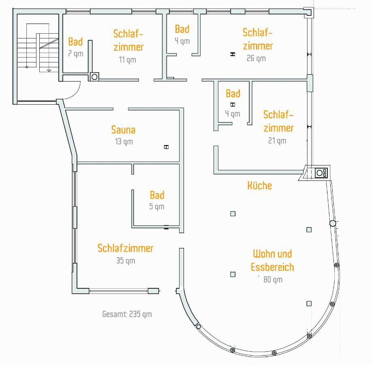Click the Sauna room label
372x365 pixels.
(x=123, y=130)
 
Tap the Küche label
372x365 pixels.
(x=259, y=185)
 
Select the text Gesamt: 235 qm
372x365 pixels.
(x=127, y=314)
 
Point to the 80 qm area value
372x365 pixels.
(x=273, y=279)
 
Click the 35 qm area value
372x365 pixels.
(x=126, y=260)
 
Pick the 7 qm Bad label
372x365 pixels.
(x=75, y=41)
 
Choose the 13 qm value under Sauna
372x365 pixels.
(x=124, y=142)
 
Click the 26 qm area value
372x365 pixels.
(x=256, y=58)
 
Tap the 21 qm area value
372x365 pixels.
(x=277, y=141)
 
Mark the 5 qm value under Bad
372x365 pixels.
(x=156, y=206)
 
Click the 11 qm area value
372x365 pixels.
(x=127, y=60)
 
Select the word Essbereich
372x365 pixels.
(x=272, y=267)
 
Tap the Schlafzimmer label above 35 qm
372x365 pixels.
(x=125, y=248)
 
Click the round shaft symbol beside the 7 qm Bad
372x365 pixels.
(x=94, y=77)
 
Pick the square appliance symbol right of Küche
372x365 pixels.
(x=321, y=173)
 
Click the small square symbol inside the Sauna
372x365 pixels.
(x=166, y=147)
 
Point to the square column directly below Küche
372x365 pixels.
(x=233, y=214)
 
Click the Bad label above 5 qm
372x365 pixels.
(x=157, y=195)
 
